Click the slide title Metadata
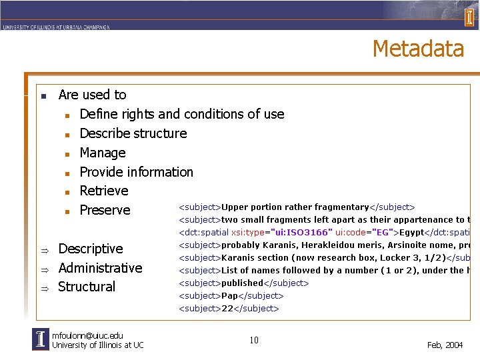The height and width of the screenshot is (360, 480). (418, 49)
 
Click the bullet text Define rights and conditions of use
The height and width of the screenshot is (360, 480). (181, 114)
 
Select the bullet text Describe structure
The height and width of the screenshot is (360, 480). (133, 133)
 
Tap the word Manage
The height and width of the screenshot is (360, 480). (102, 153)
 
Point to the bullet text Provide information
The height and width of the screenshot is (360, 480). (136, 172)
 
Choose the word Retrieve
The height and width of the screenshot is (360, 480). (103, 191)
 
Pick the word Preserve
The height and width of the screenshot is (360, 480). (105, 210)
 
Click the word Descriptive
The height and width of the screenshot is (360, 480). (91, 249)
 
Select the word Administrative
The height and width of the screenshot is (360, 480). (100, 268)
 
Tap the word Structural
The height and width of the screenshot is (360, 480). (87, 287)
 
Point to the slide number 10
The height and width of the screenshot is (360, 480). (254, 341)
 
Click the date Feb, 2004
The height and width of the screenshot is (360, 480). (445, 345)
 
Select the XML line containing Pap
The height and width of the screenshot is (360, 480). (231, 295)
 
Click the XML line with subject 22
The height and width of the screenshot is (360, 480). (228, 308)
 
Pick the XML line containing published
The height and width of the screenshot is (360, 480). (243, 283)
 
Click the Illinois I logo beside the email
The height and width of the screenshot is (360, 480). (41, 340)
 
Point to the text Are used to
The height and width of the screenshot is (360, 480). (92, 95)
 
